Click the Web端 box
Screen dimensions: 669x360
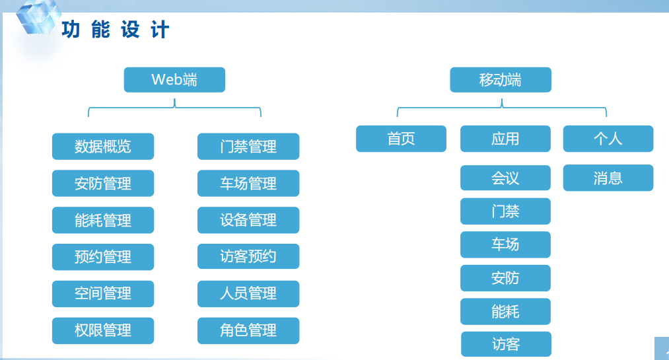(174, 80)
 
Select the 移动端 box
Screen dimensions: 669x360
(501, 80)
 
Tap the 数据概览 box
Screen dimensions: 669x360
(103, 146)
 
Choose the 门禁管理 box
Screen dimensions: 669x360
(248, 146)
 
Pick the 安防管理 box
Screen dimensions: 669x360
(103, 184)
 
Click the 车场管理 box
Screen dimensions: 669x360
(248, 184)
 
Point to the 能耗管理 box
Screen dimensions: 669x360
(103, 220)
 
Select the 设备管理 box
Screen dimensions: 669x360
(248, 220)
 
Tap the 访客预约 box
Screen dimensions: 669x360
(248, 256)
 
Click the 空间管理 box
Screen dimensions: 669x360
(103, 294)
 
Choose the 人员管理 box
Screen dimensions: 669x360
(248, 294)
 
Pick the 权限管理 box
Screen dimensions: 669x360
(103, 330)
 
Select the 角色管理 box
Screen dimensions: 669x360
(248, 330)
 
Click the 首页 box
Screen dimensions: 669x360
(401, 139)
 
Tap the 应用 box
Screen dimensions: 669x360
(505, 139)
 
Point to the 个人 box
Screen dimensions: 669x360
(608, 139)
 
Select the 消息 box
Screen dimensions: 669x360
(608, 178)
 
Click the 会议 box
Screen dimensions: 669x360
(505, 178)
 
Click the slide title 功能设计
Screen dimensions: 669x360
(116, 30)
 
